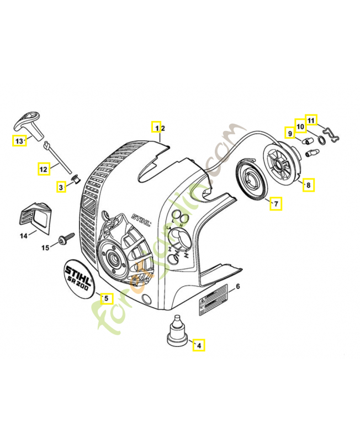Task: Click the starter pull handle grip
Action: click(30, 121)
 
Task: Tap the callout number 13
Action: click(19, 141)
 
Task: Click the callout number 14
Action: click(24, 236)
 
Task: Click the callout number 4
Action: click(199, 346)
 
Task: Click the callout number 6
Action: click(237, 286)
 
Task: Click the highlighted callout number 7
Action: click(275, 204)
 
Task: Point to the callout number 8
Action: click(308, 185)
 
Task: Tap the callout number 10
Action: click(300, 127)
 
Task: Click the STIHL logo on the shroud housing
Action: click(141, 219)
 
